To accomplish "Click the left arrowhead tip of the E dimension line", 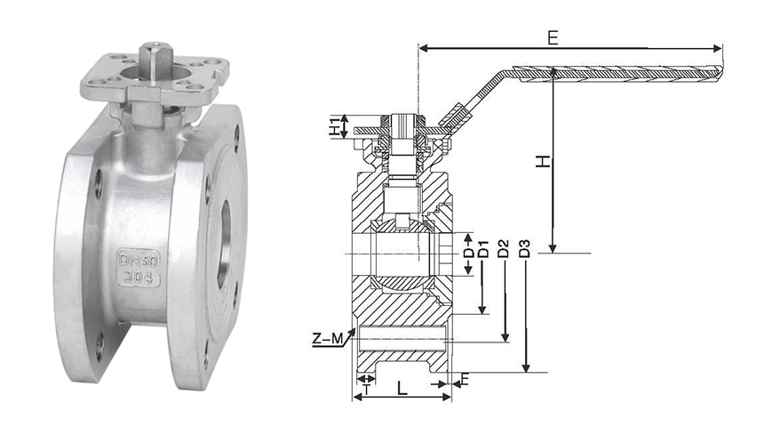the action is pos(418,48).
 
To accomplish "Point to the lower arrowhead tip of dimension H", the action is pos(553,253).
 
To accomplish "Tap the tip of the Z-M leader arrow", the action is pos(355,328).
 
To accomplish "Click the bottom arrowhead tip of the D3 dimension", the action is pos(526,372).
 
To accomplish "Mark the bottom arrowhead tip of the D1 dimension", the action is pos(483,314).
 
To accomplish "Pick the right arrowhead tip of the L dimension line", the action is pos(451,397).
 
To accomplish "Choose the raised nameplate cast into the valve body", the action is pos(139,268).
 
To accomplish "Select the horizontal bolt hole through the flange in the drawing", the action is pos(403,339).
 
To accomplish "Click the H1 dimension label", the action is pos(334,126).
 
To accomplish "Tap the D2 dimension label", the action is pos(503,249).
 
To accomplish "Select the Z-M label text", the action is pos(328,339).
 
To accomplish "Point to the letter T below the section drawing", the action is pos(366,390).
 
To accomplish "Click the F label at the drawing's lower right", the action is pos(465,379).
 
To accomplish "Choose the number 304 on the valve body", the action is pos(139,277).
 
